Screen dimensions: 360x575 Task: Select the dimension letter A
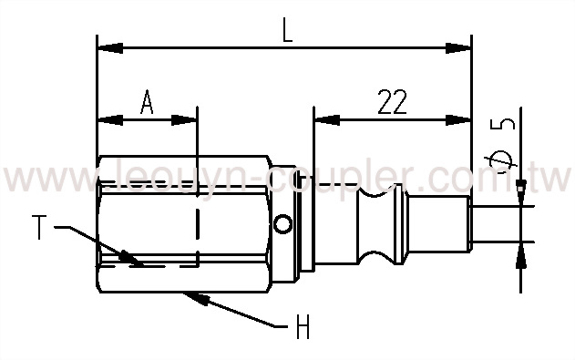point(146,101)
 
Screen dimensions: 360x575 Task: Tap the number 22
point(391,101)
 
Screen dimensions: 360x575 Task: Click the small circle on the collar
point(286,223)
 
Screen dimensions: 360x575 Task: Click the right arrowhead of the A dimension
point(190,118)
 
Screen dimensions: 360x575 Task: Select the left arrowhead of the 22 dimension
point(320,118)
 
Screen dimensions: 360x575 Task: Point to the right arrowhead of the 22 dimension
point(464,118)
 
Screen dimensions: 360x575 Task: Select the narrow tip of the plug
point(493,223)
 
